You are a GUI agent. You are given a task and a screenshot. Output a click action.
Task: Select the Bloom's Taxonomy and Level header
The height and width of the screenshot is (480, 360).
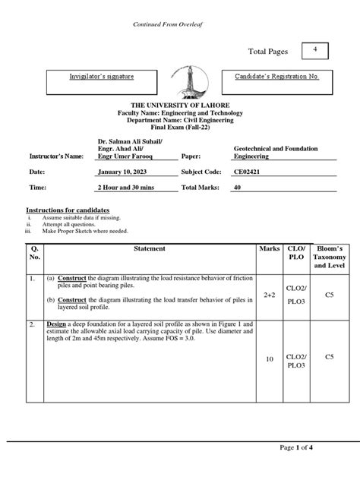pos(329,257)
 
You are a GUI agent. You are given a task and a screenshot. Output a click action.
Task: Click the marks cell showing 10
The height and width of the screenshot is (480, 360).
pos(270,358)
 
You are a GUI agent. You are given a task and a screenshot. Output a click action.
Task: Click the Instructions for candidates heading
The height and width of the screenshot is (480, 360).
pos(68,209)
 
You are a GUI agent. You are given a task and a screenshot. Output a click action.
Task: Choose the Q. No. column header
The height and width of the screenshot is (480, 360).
pos(33,253)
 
